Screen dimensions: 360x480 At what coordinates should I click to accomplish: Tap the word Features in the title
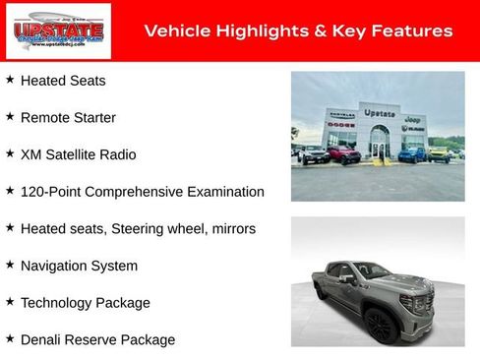tap(414, 31)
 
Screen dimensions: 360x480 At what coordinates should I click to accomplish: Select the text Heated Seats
tap(63, 81)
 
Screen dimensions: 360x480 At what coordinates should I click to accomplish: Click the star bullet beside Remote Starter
tap(10, 116)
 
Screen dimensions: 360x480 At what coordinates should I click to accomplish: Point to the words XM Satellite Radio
tap(79, 154)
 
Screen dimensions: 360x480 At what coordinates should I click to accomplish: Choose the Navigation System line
tap(79, 266)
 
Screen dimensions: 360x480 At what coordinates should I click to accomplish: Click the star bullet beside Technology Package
tap(10, 301)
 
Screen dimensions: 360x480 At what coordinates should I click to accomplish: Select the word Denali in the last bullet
tap(42, 339)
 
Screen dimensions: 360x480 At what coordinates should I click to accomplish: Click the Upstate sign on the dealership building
tap(379, 113)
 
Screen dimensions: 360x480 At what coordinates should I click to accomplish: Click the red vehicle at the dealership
tap(343, 154)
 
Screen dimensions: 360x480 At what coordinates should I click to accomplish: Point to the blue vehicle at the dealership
tap(412, 154)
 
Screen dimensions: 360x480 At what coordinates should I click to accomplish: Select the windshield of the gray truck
tap(373, 270)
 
